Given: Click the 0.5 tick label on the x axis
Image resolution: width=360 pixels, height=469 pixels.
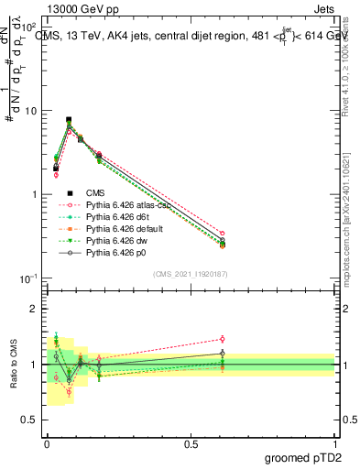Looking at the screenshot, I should (x=191, y=444).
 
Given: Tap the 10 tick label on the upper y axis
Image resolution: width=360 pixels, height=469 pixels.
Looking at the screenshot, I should (x=32, y=111).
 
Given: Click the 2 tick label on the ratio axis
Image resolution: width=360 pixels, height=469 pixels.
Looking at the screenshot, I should (x=36, y=310).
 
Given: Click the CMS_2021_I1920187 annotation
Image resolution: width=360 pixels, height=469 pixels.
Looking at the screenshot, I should (x=191, y=274).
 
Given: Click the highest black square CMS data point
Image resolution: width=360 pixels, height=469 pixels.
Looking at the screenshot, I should (x=69, y=120).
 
